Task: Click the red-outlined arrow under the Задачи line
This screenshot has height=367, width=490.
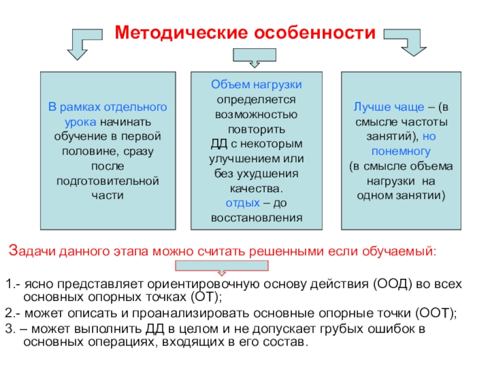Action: pos(222,267)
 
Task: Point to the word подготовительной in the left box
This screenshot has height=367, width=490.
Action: pos(107,180)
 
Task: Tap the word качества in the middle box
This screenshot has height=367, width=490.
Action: pos(255,188)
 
